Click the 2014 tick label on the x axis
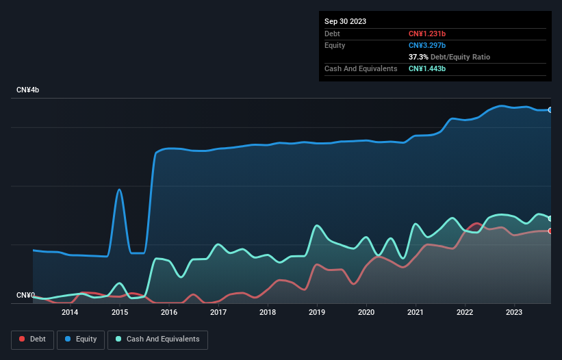coord(70,313)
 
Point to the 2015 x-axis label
coord(120,313)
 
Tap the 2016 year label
coord(169,313)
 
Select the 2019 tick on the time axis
coord(317,313)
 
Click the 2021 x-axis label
coord(416,313)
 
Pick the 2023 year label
coord(514,313)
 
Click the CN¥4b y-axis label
coord(28,90)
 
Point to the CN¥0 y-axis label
coord(25,295)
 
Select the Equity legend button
coord(81,339)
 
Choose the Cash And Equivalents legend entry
coord(157,339)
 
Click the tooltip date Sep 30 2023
coord(345,21)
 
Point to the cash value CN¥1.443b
coord(427,68)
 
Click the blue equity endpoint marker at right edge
coord(550,110)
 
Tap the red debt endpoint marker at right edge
coord(550,231)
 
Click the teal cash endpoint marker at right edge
coord(550,218)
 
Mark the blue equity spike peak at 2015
coord(120,190)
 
